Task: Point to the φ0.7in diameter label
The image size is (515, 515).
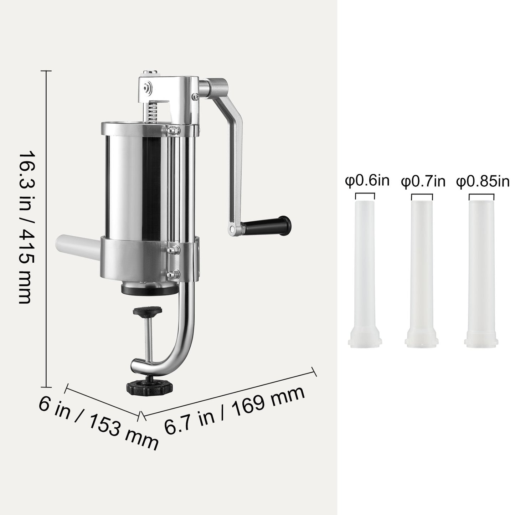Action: click(x=423, y=181)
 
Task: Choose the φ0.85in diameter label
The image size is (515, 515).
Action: click(x=483, y=181)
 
